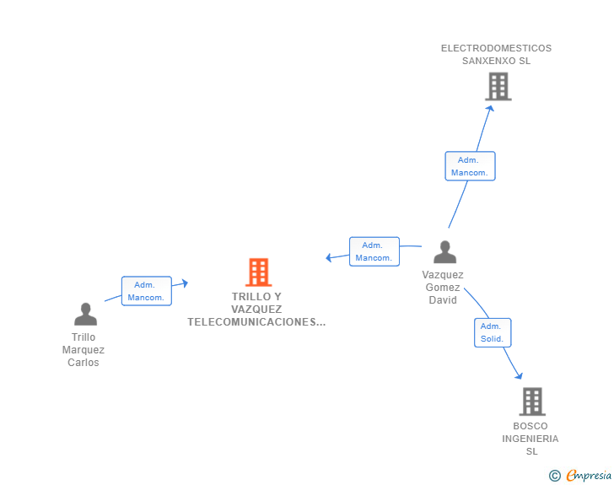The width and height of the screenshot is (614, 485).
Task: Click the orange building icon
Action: click(258, 272)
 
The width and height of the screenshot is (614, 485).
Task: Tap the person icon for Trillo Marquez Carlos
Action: click(85, 314)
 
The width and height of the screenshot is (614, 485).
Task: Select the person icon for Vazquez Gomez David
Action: click(444, 252)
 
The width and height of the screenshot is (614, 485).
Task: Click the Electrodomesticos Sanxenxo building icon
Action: click(498, 87)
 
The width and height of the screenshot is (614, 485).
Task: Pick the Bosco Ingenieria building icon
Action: click(532, 401)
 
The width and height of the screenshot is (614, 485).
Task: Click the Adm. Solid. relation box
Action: click(493, 332)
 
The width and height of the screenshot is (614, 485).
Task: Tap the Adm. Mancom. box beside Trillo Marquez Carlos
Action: click(147, 291)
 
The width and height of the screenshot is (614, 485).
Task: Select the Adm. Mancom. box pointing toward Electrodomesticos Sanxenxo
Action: click(470, 166)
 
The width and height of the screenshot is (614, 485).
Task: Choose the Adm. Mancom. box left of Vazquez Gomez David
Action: click(374, 251)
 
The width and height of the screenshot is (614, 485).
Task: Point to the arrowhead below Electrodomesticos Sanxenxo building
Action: click(490, 108)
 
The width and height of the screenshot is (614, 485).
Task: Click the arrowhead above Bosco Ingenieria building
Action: click(519, 376)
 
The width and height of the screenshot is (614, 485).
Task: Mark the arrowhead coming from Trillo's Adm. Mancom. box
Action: click(185, 283)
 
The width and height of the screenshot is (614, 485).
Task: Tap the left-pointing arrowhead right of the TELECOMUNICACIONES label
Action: click(329, 257)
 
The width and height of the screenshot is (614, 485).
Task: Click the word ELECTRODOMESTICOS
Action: click(496, 48)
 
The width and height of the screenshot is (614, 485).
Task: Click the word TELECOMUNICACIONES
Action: click(251, 322)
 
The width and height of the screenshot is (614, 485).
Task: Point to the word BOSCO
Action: click(531, 426)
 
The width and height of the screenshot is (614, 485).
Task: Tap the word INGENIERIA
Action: click(531, 439)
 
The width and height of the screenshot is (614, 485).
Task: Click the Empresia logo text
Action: click(589, 475)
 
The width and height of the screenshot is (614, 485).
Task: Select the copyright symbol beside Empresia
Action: click(554, 476)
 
